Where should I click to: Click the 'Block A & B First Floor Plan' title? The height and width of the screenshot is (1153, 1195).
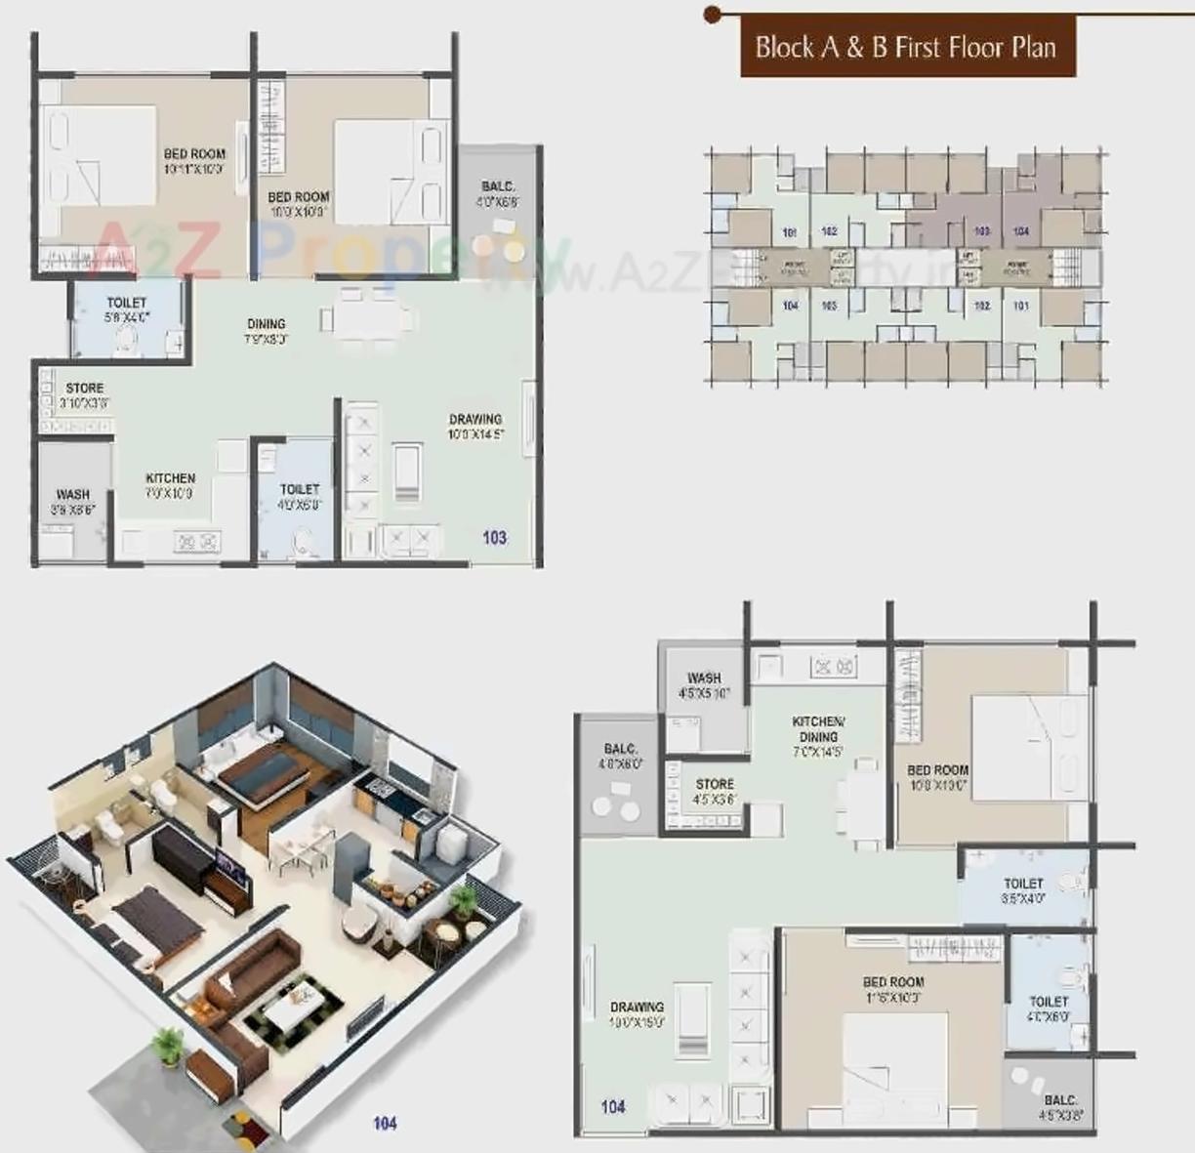click(906, 47)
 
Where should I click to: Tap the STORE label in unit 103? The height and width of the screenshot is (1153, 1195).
click(85, 389)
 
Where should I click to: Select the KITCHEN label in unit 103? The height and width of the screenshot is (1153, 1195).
click(171, 478)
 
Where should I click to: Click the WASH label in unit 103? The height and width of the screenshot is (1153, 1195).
click(72, 495)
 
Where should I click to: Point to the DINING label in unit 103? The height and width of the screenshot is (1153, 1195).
click(266, 324)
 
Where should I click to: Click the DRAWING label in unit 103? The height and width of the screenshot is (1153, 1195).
click(475, 420)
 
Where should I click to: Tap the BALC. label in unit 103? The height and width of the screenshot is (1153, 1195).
click(498, 187)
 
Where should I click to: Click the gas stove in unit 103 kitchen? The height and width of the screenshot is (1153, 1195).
click(197, 541)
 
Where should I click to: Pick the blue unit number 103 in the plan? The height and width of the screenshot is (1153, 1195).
click(495, 537)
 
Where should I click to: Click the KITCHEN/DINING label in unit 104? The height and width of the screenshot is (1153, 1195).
click(818, 729)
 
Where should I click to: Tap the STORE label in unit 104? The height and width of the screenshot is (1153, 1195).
click(715, 784)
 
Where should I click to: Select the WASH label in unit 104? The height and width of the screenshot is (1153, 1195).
click(704, 678)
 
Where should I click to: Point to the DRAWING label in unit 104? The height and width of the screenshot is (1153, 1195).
click(637, 1008)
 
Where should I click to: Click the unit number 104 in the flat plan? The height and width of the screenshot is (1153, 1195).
click(613, 1106)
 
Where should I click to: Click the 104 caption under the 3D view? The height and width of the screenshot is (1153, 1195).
click(385, 1123)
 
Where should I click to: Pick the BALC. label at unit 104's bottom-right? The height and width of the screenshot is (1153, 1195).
click(1060, 1099)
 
